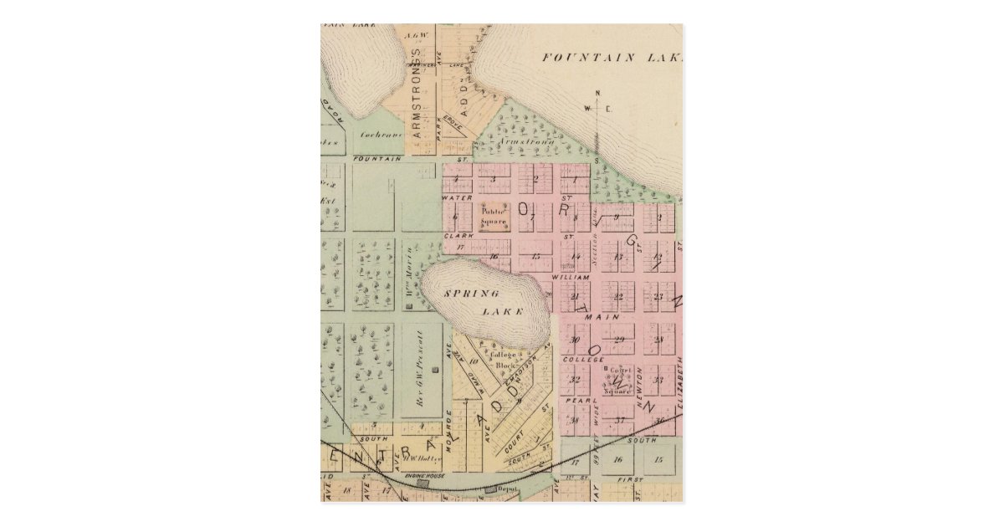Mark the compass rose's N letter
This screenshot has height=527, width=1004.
point(597,93)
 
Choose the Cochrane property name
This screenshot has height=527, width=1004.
point(381,135)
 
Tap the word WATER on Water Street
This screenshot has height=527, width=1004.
point(457,197)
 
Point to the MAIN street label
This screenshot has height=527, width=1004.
point(607,317)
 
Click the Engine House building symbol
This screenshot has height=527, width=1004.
point(423,483)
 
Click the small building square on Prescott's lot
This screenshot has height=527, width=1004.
point(434,370)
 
